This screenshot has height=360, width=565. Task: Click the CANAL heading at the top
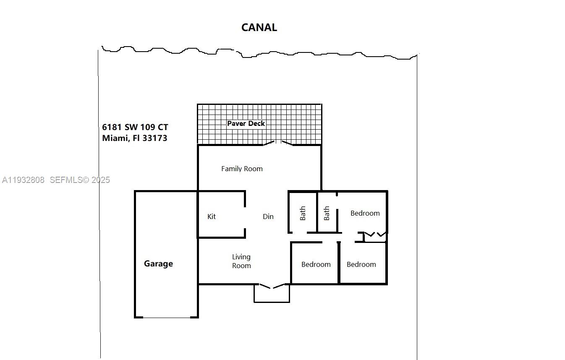coord(259,28)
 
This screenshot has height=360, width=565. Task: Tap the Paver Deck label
coord(246,123)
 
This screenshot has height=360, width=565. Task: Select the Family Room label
coord(242,169)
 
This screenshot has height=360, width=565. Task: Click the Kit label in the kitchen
coord(212,217)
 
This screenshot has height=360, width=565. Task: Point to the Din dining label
coord(268,217)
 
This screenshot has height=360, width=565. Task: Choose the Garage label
coord(158,263)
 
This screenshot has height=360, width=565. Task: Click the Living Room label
coord(241,261)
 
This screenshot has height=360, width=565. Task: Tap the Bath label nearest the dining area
coord(303,213)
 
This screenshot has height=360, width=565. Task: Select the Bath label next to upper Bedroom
coord(327,213)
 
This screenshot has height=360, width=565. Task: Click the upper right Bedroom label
coord(365,213)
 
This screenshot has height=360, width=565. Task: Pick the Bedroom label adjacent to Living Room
coord(316,264)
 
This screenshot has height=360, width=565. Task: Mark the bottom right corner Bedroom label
coord(361,264)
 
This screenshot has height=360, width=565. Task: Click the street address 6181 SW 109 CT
coord(135,127)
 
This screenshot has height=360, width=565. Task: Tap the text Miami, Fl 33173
coord(134,138)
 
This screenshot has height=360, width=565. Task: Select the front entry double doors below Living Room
coord(272,287)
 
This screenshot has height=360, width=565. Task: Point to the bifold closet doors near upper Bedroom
coord(375,234)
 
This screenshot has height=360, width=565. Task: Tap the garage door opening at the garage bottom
coord(167,317)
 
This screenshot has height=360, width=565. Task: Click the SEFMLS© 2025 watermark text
coord(80,180)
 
